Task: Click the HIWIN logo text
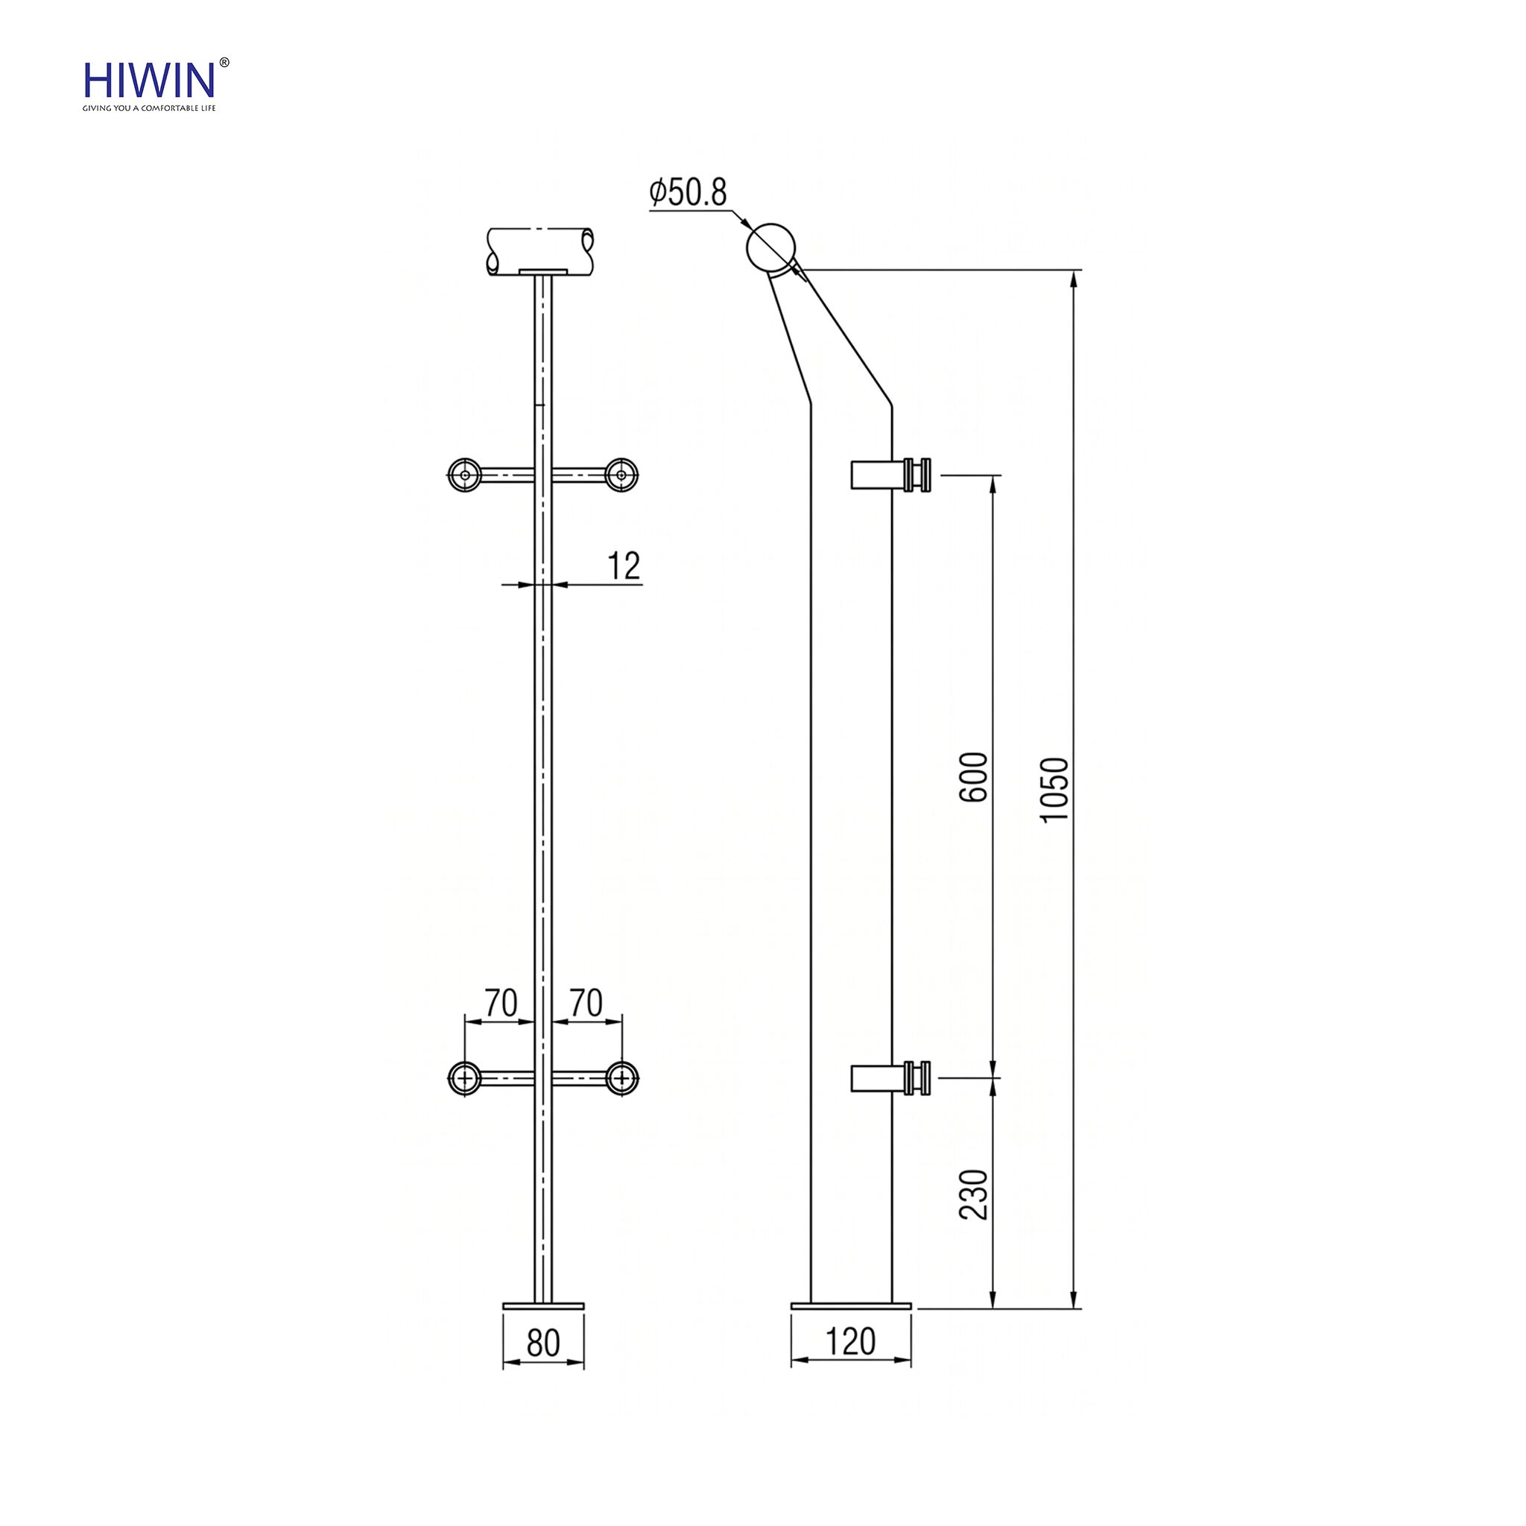tap(149, 80)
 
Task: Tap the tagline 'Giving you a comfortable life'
tap(149, 108)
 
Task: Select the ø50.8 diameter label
tap(688, 193)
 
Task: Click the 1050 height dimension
tap(1055, 789)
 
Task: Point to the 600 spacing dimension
tap(975, 777)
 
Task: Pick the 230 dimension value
tap(975, 1194)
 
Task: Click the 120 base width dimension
tap(851, 1341)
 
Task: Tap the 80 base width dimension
tap(543, 1343)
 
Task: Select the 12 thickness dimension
tap(624, 566)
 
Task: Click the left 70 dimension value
tap(501, 1003)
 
